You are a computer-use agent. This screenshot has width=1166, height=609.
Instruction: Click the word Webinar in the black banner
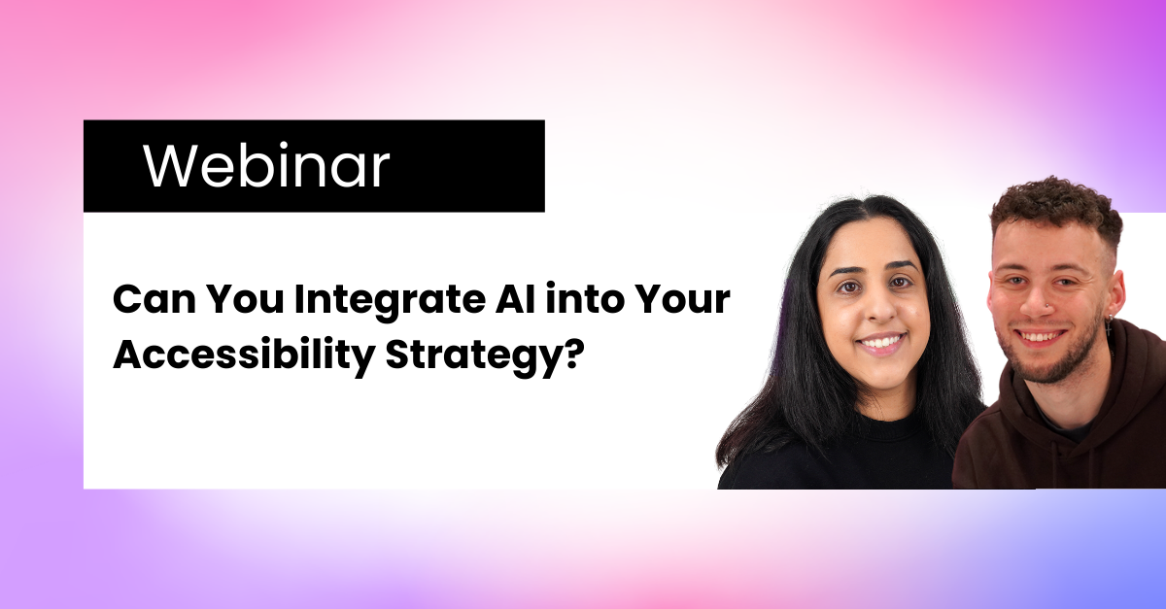point(266,165)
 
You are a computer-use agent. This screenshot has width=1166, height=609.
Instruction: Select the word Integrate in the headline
point(390,303)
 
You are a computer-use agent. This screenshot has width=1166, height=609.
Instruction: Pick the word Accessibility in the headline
point(244,356)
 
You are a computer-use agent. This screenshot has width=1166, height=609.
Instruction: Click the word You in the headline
point(245,300)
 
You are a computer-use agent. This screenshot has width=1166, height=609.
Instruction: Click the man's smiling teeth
point(1039,337)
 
